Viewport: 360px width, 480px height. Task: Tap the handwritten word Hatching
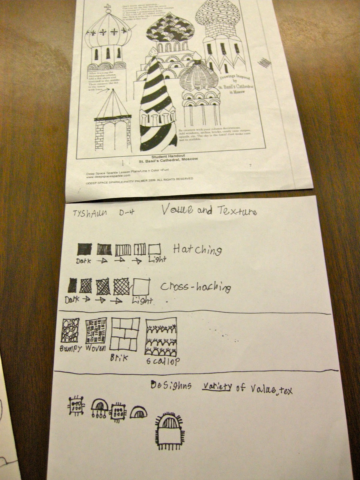point(197,250)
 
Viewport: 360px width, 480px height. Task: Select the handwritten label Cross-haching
point(196,287)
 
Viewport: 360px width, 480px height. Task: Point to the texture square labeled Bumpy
point(70,330)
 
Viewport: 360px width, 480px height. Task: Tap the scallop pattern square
point(160,337)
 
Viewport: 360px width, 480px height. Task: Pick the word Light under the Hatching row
point(157,260)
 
